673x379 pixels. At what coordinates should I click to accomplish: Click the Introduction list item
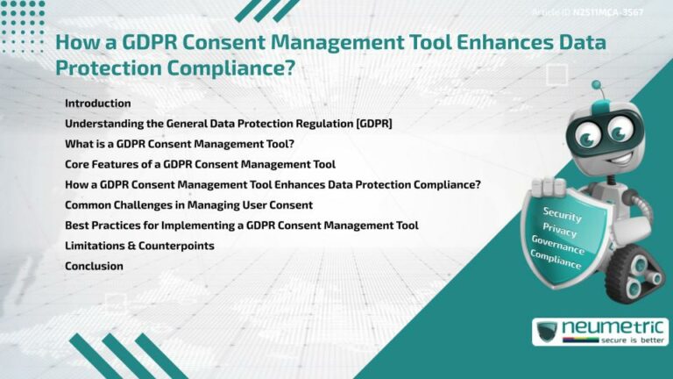coord(97,104)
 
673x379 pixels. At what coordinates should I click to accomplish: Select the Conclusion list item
coord(94,266)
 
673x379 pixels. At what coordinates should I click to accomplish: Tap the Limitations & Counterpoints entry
coord(139,246)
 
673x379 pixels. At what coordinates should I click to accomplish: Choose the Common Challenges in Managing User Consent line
coord(188,205)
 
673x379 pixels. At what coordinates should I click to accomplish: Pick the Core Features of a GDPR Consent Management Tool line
coord(200,164)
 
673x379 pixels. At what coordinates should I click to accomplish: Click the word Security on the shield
coord(562,213)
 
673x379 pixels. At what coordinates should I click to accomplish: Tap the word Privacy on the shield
coord(560,228)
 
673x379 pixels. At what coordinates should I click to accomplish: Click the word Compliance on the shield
coord(556,256)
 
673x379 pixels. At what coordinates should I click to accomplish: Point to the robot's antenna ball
coord(597,86)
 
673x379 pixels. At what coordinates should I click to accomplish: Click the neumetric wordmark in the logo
coord(613,327)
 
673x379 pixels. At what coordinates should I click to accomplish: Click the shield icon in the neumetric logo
coord(546,332)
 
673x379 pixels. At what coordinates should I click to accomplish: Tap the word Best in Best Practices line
coord(77,225)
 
